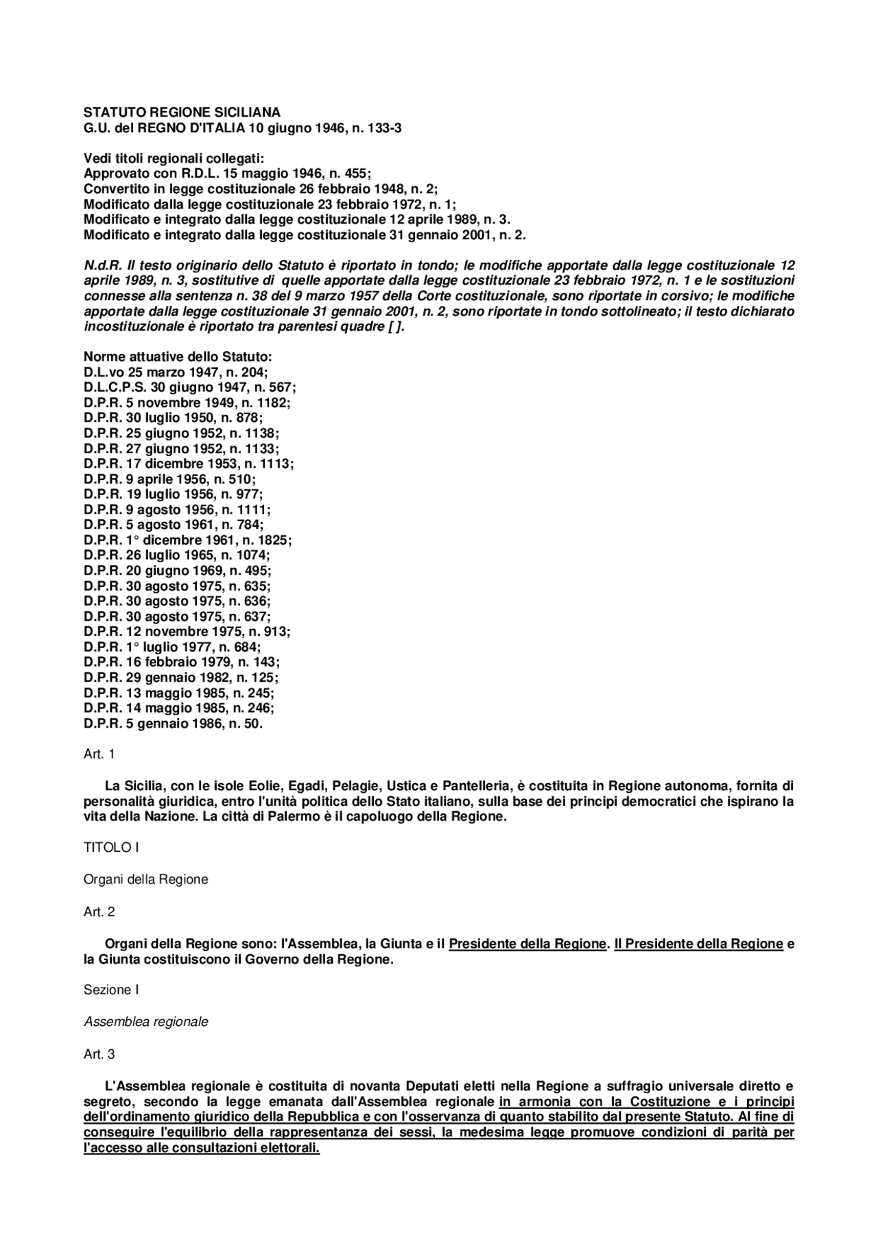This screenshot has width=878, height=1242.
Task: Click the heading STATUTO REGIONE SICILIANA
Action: tap(182, 112)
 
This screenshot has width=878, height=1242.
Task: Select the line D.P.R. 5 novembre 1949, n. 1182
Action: tap(187, 403)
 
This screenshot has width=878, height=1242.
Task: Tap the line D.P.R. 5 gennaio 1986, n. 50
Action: tap(173, 723)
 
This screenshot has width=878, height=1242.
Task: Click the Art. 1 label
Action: tap(99, 754)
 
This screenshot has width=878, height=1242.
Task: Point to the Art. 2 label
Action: tap(99, 911)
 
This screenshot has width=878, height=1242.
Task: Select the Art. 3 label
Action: tap(99, 1054)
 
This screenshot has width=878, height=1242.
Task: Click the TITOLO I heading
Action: tap(111, 848)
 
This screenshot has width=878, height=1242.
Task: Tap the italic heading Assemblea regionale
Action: tap(145, 1022)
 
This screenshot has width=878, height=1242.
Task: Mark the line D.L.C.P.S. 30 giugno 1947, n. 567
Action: tap(189, 387)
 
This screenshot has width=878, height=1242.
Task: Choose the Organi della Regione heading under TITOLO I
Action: tap(145, 879)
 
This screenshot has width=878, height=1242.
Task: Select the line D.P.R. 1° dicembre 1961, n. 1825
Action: tap(187, 540)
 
